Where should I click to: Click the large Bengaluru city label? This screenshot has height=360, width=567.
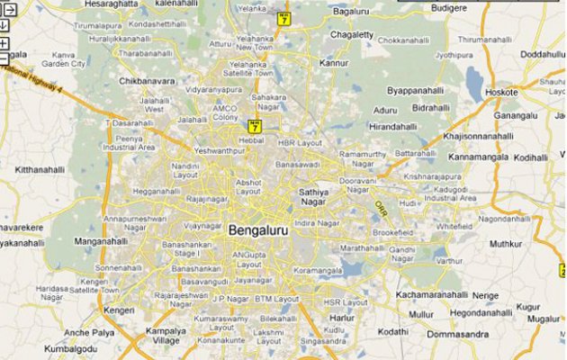point(261,230)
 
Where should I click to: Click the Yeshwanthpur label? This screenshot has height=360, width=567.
point(219,151)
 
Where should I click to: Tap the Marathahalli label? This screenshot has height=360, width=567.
point(362,247)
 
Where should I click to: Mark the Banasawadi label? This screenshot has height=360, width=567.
point(298,165)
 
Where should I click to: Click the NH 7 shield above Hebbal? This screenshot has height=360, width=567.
point(255,127)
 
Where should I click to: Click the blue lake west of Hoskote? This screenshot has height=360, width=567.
point(473,82)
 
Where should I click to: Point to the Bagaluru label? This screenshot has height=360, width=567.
point(352,12)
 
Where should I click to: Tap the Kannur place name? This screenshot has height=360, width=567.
point(333,64)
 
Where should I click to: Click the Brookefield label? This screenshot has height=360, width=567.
point(393,231)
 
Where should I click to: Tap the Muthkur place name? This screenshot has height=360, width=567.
point(505,243)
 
